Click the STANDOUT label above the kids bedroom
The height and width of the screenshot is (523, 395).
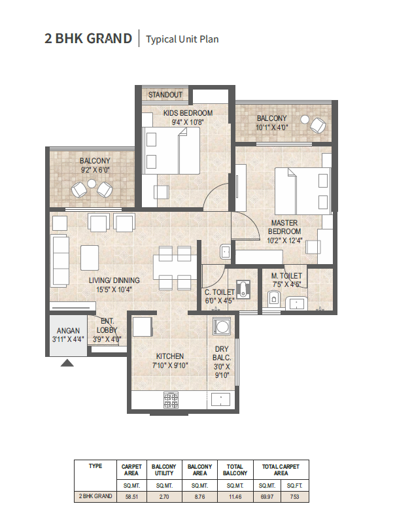point(165,95)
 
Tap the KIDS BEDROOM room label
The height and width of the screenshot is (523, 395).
point(188,113)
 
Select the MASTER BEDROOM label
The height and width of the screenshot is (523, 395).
point(286,227)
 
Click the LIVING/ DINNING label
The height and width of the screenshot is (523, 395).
point(114,280)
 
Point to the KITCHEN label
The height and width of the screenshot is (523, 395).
point(169,356)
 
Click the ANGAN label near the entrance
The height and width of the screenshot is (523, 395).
point(68,331)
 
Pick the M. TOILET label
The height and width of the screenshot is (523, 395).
point(286,276)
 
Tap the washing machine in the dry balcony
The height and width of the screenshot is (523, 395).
point(221,326)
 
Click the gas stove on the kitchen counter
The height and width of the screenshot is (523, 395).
point(171,398)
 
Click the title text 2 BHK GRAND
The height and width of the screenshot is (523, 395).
point(88,38)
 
